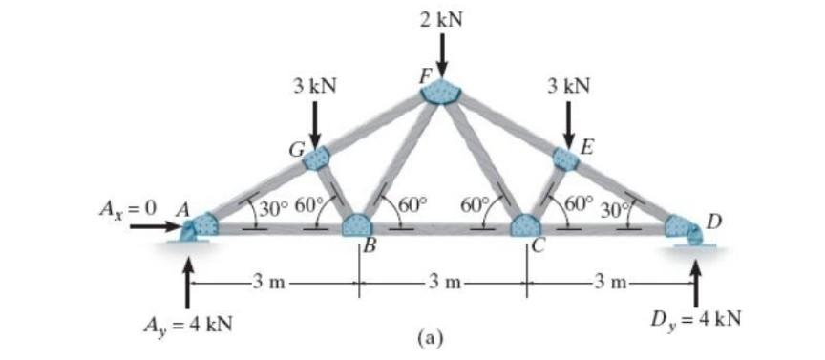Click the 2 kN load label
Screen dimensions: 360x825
click(441, 19)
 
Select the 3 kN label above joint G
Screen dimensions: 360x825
click(315, 86)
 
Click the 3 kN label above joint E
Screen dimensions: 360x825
click(569, 86)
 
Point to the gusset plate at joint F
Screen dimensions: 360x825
click(441, 91)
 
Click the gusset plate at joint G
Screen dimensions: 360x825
click(316, 158)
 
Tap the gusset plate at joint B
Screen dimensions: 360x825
click(358, 226)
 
